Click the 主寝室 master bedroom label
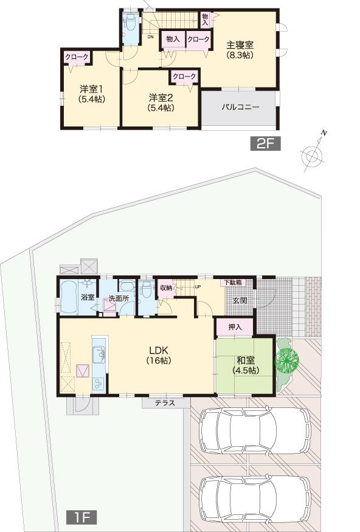(240, 49)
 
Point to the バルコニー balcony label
(240, 106)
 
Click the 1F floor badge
(81, 517)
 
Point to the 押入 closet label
(235, 327)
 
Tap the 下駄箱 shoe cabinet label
(232, 283)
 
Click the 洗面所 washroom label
(119, 298)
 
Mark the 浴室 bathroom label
(88, 298)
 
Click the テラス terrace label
(164, 402)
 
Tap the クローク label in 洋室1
(77, 57)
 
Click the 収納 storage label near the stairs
(166, 288)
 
